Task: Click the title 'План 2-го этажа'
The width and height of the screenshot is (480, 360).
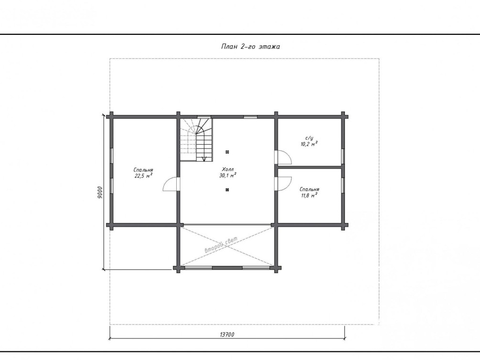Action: (250, 46)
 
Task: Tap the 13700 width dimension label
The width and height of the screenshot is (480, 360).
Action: (227, 334)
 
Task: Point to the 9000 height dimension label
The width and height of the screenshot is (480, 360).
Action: (101, 192)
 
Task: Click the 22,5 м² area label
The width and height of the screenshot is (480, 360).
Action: (143, 176)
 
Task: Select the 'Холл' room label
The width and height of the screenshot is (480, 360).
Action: (228, 169)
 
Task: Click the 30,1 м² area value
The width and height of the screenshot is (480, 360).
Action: (228, 175)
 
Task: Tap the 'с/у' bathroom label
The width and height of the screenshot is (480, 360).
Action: (309, 138)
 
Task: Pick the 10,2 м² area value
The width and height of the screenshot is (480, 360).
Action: (309, 144)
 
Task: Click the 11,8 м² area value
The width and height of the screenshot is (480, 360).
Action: (309, 195)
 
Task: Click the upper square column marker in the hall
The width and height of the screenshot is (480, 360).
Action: (227, 152)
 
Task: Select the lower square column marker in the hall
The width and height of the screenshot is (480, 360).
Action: (227, 190)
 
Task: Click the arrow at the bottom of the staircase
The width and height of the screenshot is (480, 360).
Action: (204, 159)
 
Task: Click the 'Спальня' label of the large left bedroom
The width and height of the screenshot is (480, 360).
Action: (143, 170)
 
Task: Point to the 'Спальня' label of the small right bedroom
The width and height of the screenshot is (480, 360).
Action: (309, 190)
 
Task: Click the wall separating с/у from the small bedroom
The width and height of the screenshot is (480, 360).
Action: (309, 167)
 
